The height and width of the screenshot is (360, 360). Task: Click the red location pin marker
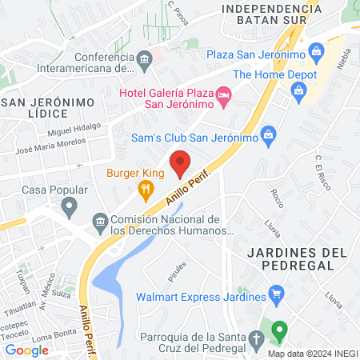pyautogui.click(x=180, y=162)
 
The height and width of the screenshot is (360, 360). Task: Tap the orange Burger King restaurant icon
pyautogui.click(x=145, y=190)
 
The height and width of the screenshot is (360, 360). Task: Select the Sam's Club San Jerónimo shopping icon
pyautogui.click(x=269, y=134)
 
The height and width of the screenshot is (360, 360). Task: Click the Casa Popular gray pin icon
pyautogui.click(x=70, y=209)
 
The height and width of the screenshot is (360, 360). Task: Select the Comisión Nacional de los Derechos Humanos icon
pyautogui.click(x=100, y=220)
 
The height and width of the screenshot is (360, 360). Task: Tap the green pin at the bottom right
pyautogui.click(x=279, y=329)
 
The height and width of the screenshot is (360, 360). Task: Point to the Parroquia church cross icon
pyautogui.click(x=254, y=342)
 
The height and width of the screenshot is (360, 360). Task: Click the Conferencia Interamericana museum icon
pyautogui.click(x=145, y=58)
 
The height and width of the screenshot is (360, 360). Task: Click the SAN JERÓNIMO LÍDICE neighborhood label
pyautogui.click(x=48, y=109)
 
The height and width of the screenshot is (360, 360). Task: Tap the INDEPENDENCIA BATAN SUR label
pyautogui.click(x=254, y=14)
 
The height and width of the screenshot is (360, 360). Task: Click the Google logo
pyautogui.click(x=26, y=350)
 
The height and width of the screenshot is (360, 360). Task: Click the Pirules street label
pyautogui.click(x=178, y=264)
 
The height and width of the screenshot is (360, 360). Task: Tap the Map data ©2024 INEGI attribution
pyautogui.click(x=311, y=354)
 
